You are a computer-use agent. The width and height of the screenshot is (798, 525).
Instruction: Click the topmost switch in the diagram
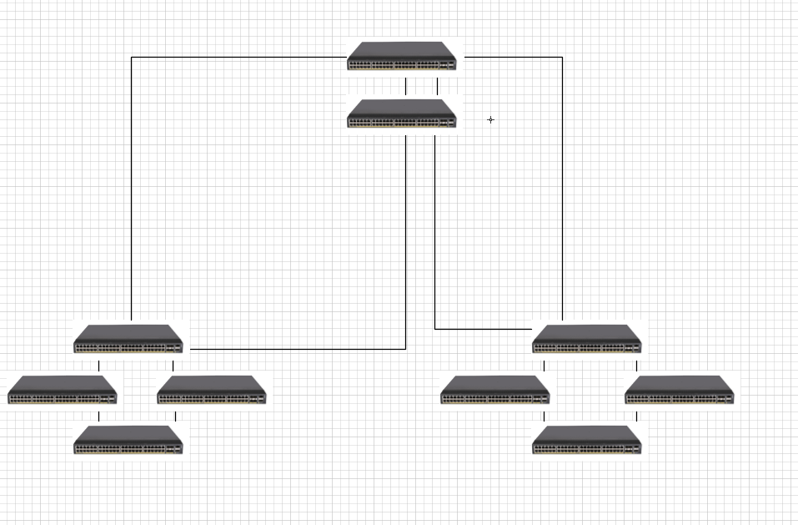(403, 56)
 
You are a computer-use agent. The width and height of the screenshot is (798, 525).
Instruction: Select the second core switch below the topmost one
(403, 114)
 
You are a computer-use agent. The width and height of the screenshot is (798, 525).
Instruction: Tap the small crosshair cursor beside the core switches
(490, 120)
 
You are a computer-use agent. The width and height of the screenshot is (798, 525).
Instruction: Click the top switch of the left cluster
(128, 339)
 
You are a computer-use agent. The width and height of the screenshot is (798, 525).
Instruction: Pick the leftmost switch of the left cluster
(63, 390)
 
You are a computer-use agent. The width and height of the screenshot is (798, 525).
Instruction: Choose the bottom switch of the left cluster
(128, 440)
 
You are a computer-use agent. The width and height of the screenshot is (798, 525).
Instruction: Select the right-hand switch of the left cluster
(212, 390)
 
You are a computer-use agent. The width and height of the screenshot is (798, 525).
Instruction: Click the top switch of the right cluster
(587, 339)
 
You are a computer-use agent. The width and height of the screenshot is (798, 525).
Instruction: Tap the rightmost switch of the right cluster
(680, 390)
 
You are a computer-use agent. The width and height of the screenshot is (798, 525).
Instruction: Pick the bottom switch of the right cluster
(587, 440)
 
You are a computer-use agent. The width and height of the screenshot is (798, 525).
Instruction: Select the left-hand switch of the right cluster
(495, 390)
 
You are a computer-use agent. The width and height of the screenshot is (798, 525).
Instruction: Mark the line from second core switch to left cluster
(406, 250)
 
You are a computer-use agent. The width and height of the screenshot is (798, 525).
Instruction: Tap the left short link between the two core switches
(406, 87)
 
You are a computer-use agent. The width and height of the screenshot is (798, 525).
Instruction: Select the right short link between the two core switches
(437, 87)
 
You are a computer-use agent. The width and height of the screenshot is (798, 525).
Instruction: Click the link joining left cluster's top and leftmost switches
(98, 366)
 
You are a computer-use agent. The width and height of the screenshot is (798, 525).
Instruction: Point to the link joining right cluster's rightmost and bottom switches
(636, 416)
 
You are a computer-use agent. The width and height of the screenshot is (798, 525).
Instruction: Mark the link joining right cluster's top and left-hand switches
(544, 366)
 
